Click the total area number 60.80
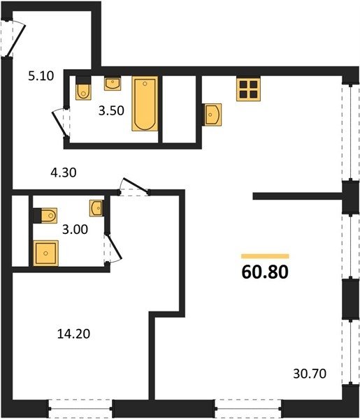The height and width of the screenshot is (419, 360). coord(265,272)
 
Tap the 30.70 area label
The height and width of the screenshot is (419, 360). coord(310,374)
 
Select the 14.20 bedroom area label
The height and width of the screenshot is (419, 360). coord(74,334)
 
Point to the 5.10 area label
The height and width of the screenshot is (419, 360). coord(41,76)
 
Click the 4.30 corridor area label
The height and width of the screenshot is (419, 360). coord(64,172)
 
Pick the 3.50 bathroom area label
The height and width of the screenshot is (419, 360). coord(111,110)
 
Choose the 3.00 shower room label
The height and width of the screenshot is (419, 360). coord(75,230)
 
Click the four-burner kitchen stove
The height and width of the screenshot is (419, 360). coord(248,89)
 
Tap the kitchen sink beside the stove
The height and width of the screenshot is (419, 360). coord(212,115)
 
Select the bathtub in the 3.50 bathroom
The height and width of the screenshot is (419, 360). coord(145,103)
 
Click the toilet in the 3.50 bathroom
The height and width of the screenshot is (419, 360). coord(83,88)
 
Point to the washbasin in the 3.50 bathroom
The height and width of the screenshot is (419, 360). coord(113,83)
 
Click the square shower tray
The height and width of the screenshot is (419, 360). coord(45,253)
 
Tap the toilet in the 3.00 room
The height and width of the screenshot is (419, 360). coord(45,215)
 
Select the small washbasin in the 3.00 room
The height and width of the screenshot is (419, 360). coord(96,208)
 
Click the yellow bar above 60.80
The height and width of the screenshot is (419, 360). coord(265,256)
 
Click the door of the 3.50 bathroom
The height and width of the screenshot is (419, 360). coord(61,123)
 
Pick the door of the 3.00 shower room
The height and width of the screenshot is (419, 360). coord(113,249)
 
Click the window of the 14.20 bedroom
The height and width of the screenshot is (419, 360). coord(80,409)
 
